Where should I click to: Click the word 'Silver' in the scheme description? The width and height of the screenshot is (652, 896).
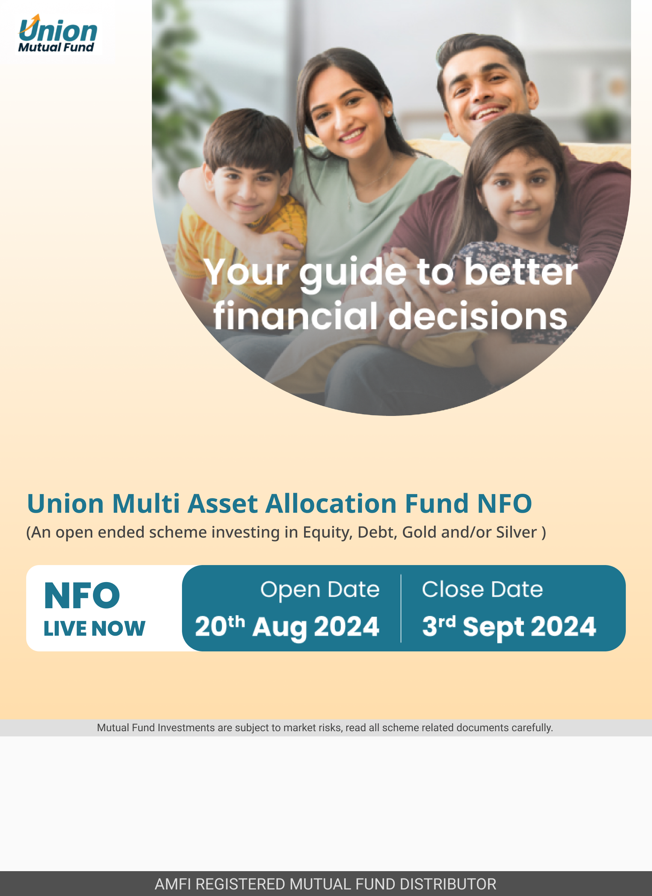(516, 532)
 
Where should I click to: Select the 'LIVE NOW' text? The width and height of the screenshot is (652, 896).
(95, 628)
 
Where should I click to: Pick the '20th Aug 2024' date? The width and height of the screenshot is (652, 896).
(287, 627)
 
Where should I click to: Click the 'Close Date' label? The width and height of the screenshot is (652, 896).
(482, 590)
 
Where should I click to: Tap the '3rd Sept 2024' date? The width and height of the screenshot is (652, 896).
(509, 627)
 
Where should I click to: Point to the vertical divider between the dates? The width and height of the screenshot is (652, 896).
(401, 608)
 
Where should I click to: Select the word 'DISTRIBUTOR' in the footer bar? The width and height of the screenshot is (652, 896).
(448, 884)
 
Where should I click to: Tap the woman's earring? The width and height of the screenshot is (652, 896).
(389, 113)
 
